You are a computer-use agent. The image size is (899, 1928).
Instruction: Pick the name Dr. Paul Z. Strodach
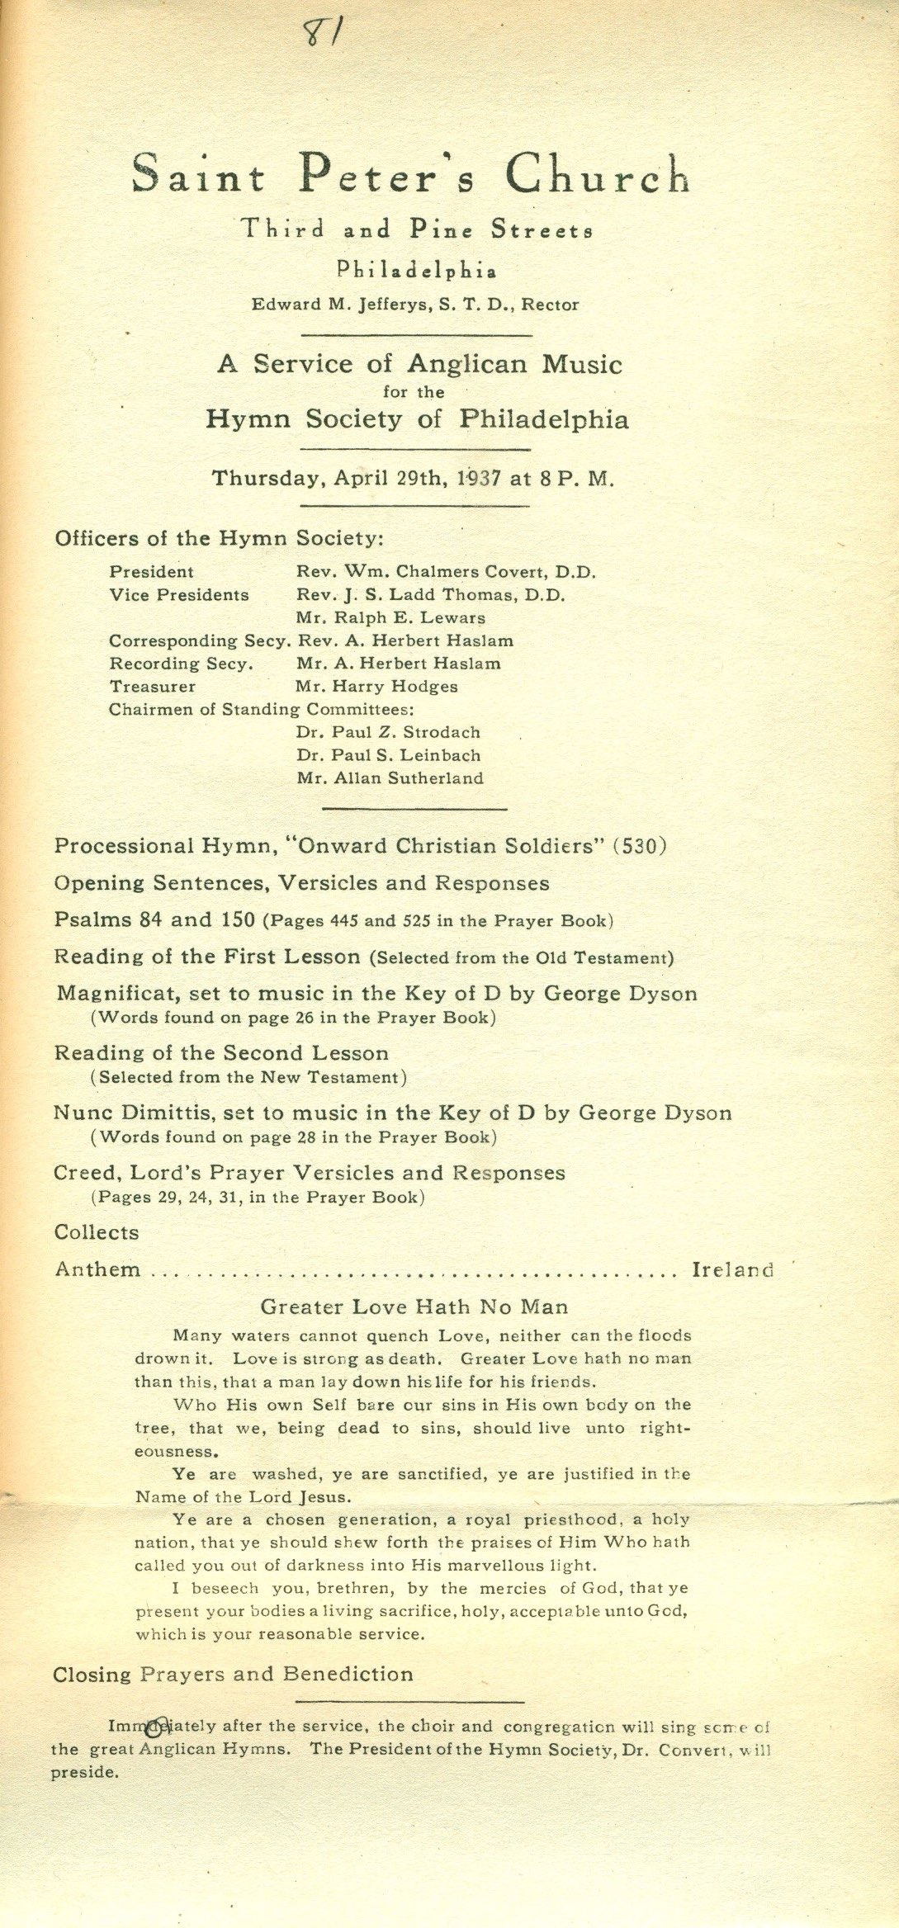pos(387,732)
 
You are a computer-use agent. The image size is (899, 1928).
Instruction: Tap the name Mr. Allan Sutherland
pos(389,777)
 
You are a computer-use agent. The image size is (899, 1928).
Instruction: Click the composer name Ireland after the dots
pos(732,1269)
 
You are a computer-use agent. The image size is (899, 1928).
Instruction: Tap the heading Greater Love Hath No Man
pos(414,1307)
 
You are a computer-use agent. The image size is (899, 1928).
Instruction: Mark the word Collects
pos(97,1232)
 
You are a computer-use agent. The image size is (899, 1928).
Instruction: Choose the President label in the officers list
pos(151,572)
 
